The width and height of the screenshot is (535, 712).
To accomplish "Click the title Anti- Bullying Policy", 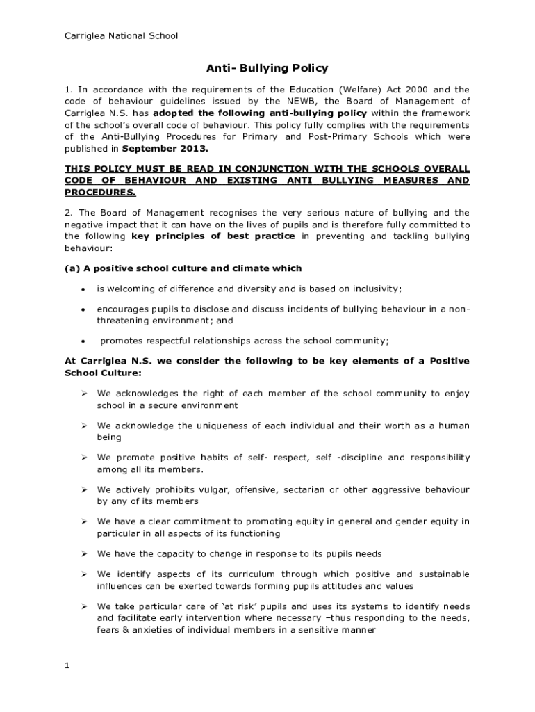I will (x=267, y=68).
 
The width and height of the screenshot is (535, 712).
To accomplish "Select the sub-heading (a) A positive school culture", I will (x=183, y=268).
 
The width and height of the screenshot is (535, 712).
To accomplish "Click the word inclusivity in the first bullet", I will (x=376, y=289).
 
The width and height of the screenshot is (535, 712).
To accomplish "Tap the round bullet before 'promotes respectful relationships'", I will (x=83, y=341).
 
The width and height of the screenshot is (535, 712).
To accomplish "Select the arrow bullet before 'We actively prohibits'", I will (x=83, y=489).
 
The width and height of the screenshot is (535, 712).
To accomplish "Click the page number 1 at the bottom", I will (x=67, y=666).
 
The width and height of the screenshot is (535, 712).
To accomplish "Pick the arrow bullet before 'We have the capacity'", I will (x=83, y=553).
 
